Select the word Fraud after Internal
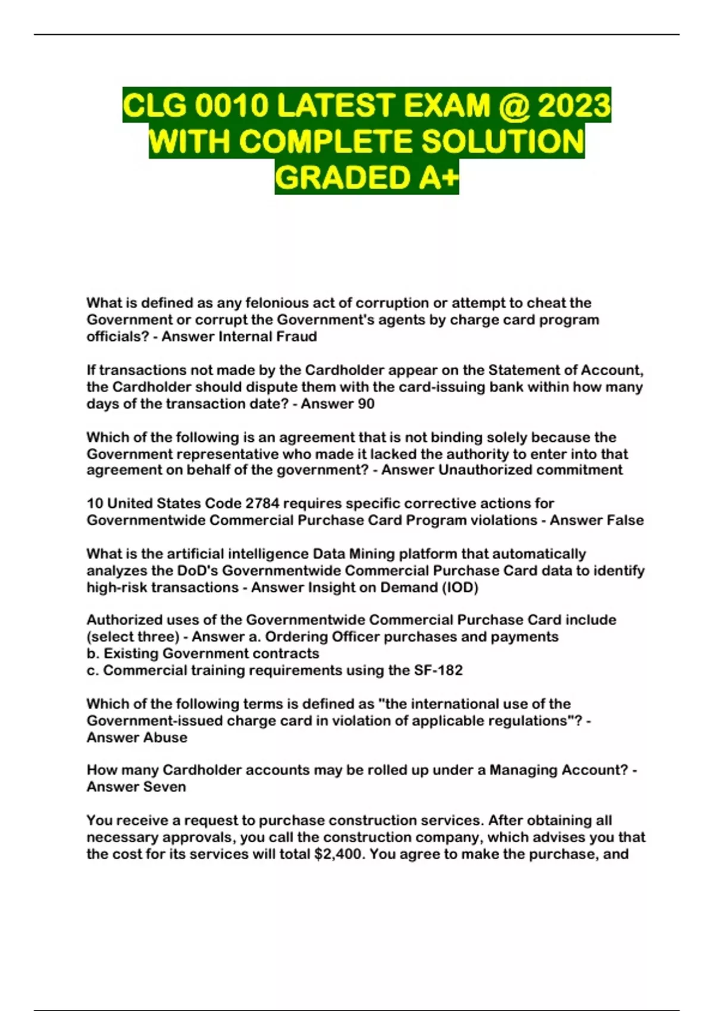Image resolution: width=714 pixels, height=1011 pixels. (x=296, y=337)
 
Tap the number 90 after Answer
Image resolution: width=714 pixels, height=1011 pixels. (x=367, y=404)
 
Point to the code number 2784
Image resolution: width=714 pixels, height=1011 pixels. (x=262, y=504)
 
